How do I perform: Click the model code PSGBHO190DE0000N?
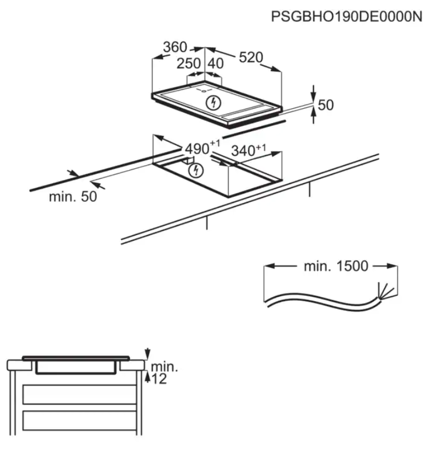point(347,16)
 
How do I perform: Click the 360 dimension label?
point(175,47)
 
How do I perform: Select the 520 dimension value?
point(251,57)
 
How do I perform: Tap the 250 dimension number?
point(188,63)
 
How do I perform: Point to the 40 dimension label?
point(216,63)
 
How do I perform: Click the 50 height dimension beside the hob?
point(326,105)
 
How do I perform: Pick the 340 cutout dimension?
point(249,150)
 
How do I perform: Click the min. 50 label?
point(73,197)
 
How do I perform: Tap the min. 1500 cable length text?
point(336,266)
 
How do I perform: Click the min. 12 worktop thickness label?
point(164,373)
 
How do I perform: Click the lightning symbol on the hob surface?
point(213,102)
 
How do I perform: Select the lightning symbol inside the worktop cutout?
point(196,170)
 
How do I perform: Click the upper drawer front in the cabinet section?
point(79,395)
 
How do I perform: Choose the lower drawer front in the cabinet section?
point(79,420)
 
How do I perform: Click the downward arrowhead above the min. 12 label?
point(147,353)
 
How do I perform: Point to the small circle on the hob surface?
point(204,91)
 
